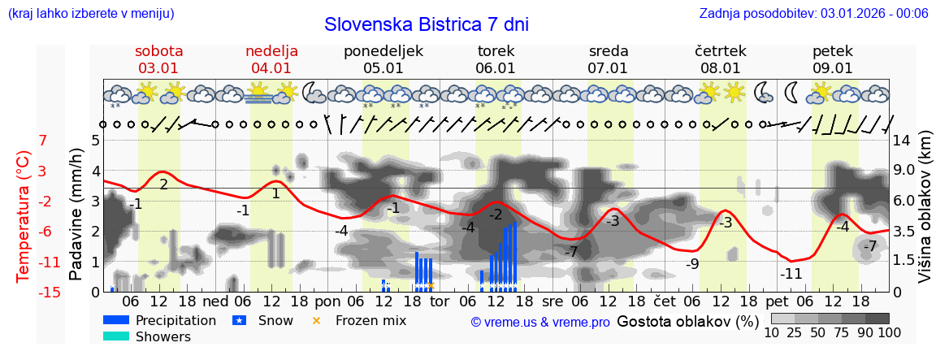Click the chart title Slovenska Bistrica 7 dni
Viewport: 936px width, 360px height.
point(426,24)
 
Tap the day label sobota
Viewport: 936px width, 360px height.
point(159,51)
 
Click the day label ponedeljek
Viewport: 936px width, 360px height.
point(383,51)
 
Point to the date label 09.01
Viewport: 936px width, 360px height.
point(833,68)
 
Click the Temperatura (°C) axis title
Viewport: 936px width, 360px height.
point(24,216)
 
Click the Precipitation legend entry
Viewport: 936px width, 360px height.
point(175,320)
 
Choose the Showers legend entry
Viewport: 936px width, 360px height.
point(162,336)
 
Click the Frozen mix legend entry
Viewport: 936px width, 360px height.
point(370,320)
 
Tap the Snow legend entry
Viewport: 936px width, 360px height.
point(275,320)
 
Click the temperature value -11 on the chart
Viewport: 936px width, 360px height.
point(791,274)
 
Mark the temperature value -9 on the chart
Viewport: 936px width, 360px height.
point(692,263)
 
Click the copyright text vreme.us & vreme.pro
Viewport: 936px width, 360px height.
point(540,322)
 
